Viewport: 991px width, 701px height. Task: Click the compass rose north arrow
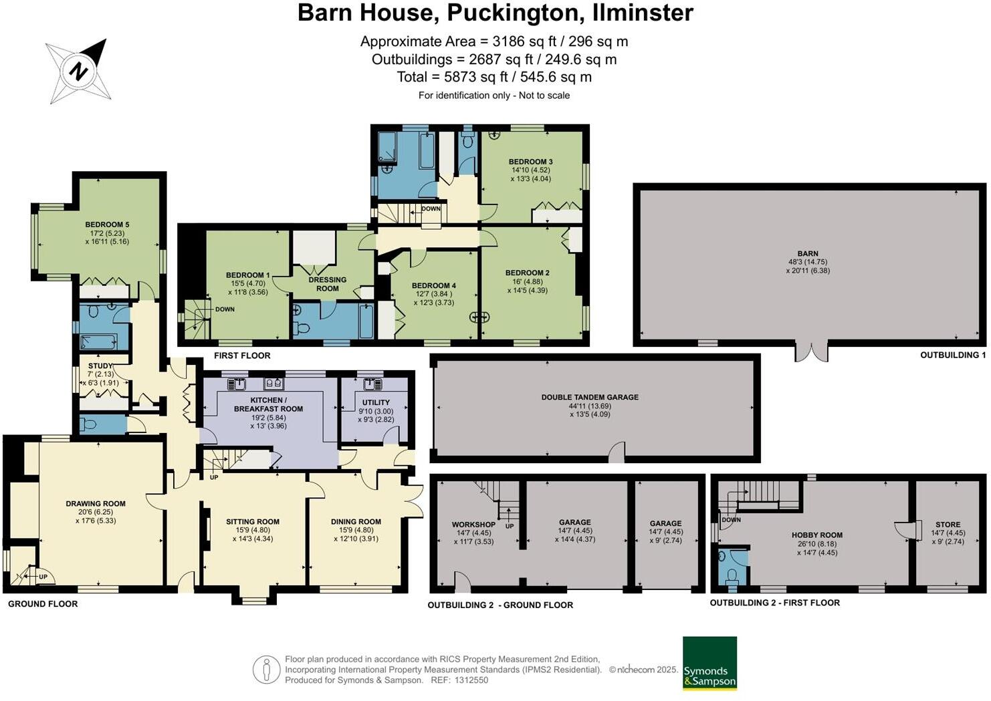[79, 70]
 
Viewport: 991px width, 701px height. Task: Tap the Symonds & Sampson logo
[709, 663]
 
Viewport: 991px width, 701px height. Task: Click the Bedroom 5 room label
[107, 225]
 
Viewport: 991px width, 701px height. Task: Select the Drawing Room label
[96, 504]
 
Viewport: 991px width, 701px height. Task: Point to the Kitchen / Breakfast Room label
[268, 404]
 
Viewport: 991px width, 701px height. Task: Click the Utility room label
[376, 402]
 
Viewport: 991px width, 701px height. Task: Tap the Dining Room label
[356, 522]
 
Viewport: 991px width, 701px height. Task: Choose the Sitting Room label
[253, 522]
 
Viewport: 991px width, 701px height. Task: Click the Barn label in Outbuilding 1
[808, 254]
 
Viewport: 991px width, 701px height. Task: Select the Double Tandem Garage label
[590, 397]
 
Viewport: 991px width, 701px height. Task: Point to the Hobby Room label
[817, 535]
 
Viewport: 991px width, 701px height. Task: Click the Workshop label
[473, 525]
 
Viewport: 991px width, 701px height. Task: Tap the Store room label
[948, 525]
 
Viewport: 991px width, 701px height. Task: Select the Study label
[100, 366]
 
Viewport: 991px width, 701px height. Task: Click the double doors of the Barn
[811, 352]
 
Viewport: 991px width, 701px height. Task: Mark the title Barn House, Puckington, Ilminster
[495, 13]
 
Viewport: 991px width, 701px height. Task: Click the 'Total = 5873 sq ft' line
[494, 77]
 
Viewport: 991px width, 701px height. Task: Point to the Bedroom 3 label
[530, 162]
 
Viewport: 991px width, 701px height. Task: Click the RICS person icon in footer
[266, 670]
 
